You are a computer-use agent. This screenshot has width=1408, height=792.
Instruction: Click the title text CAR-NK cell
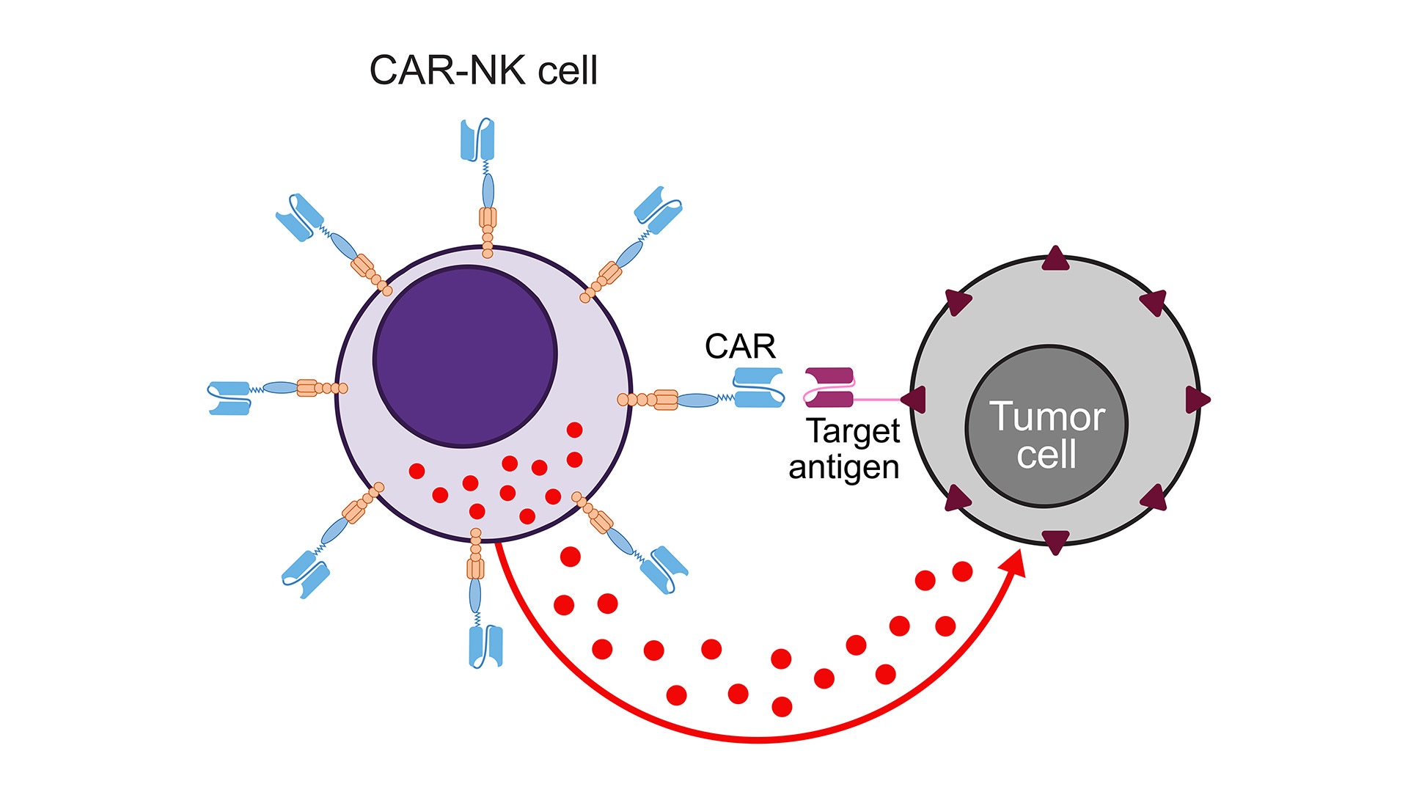(483, 71)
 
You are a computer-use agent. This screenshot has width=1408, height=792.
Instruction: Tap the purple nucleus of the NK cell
(465, 356)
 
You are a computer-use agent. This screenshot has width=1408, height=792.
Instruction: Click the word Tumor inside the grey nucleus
(1046, 417)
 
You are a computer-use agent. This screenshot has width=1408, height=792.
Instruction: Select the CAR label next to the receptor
(740, 346)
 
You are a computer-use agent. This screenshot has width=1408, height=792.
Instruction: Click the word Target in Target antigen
(853, 432)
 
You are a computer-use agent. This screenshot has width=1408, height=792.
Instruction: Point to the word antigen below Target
(843, 467)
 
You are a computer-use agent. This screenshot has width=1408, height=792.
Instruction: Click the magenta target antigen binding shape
(829, 387)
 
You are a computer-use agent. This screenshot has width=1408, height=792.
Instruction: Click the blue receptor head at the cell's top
(477, 139)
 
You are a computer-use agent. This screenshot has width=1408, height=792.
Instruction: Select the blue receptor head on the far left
(229, 397)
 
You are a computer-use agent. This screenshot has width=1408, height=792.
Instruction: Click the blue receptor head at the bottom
(485, 645)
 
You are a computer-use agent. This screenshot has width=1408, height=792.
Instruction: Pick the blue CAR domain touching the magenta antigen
(758, 387)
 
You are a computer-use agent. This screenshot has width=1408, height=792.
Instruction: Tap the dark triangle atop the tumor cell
(1056, 260)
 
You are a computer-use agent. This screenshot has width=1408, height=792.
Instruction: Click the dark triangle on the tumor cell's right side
(1197, 400)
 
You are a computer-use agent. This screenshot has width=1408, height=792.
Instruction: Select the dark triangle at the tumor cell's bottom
(1055, 541)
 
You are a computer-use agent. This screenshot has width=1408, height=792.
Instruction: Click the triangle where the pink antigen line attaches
(914, 400)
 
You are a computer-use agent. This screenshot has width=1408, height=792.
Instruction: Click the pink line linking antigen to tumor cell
(876, 400)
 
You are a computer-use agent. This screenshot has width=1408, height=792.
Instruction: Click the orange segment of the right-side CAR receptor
(665, 400)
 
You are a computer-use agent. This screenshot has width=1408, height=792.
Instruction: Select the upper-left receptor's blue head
(299, 217)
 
